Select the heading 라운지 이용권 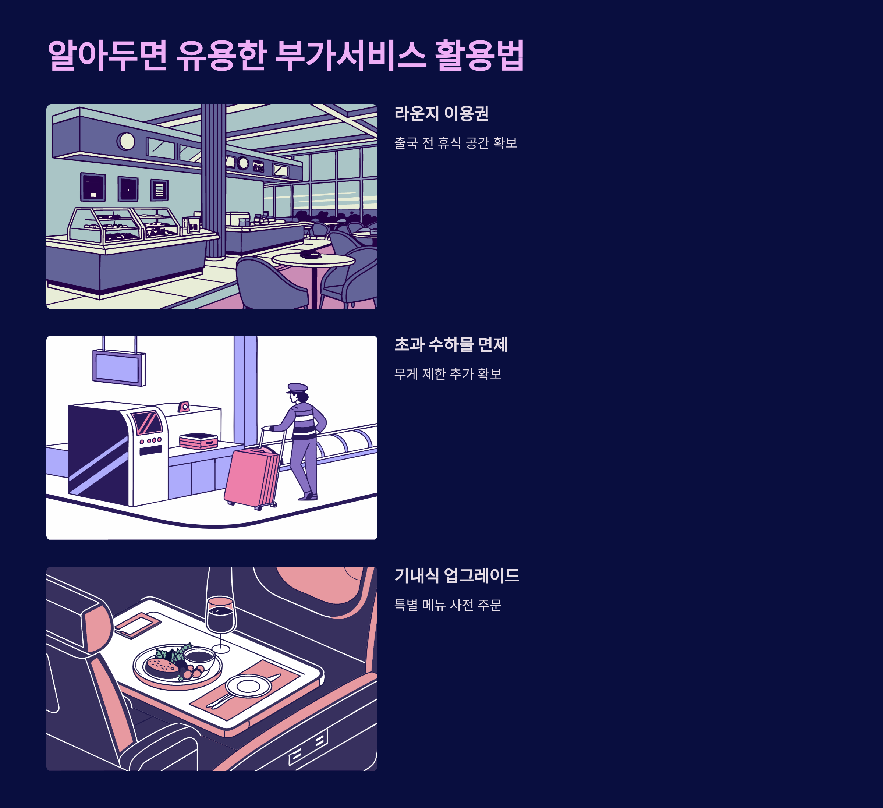pyautogui.click(x=441, y=113)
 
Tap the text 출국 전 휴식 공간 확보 pyautogui.click(x=455, y=143)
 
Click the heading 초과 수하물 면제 pyautogui.click(x=451, y=345)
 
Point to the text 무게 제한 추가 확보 pyautogui.click(x=448, y=374)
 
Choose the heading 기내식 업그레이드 pyautogui.click(x=457, y=575)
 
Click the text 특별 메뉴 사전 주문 pyautogui.click(x=448, y=605)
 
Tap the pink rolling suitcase pyautogui.click(x=252, y=477)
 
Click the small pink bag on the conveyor pyautogui.click(x=198, y=441)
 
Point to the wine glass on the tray pyautogui.click(x=221, y=613)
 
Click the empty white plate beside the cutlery pyautogui.click(x=248, y=686)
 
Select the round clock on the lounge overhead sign pyautogui.click(x=126, y=141)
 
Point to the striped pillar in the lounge pyautogui.click(x=214, y=180)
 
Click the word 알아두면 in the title pyautogui.click(x=107, y=55)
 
